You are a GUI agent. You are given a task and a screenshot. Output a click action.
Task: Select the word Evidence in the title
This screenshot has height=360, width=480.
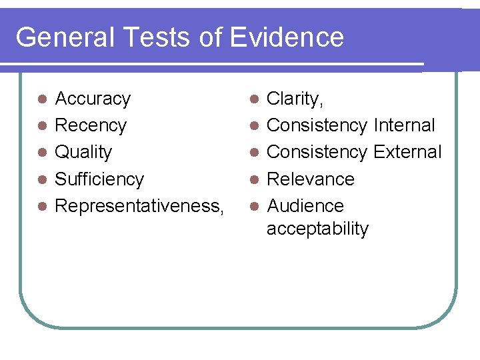[287, 37]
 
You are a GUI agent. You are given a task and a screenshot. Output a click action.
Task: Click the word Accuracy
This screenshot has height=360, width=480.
[93, 99]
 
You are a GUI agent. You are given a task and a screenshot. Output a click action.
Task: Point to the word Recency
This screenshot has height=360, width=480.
[91, 125]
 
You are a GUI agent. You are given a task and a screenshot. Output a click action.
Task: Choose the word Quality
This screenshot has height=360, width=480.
[83, 152]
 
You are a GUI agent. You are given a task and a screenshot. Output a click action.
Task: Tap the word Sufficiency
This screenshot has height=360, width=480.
[99, 179]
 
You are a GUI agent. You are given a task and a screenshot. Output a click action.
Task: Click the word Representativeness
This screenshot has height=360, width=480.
[137, 206]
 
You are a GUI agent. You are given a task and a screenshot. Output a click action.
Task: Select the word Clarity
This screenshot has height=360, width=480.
[294, 99]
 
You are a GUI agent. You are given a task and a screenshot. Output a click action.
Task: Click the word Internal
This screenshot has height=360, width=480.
[405, 125]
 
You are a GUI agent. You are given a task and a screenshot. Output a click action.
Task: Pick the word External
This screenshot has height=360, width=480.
[407, 152]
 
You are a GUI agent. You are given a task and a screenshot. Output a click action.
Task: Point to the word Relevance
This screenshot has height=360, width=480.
[311, 179]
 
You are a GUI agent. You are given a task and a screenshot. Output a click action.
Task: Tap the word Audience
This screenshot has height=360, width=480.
[305, 206]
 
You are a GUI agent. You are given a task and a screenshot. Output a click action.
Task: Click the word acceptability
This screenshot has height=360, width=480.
[317, 229]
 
